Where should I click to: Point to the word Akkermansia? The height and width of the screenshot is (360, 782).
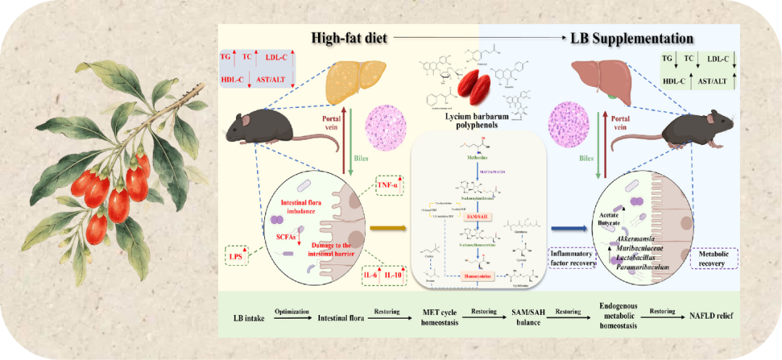click(642, 239)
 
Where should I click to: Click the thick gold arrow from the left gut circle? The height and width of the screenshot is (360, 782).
click(387, 229)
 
